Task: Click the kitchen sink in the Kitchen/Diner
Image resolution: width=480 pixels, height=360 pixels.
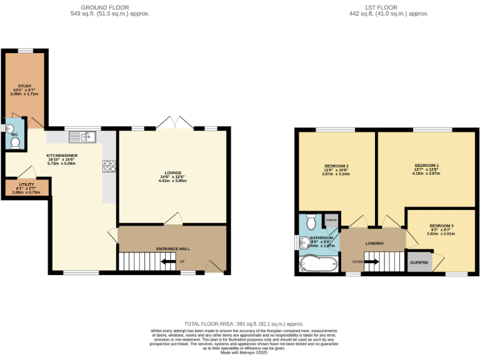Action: click(82, 135)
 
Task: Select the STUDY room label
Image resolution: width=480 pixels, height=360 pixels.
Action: click(25, 86)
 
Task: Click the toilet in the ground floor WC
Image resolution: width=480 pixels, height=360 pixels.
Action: click(16, 142)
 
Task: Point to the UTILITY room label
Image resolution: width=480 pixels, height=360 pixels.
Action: click(26, 184)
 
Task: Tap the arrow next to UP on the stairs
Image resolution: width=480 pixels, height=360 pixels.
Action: click(167, 261)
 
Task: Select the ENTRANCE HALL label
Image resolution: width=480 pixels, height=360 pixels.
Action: click(172, 249)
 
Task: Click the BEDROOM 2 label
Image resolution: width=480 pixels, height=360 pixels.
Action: click(336, 166)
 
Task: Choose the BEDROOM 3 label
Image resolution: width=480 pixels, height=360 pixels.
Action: click(441, 225)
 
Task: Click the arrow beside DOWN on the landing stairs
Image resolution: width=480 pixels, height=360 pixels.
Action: click(371, 262)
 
